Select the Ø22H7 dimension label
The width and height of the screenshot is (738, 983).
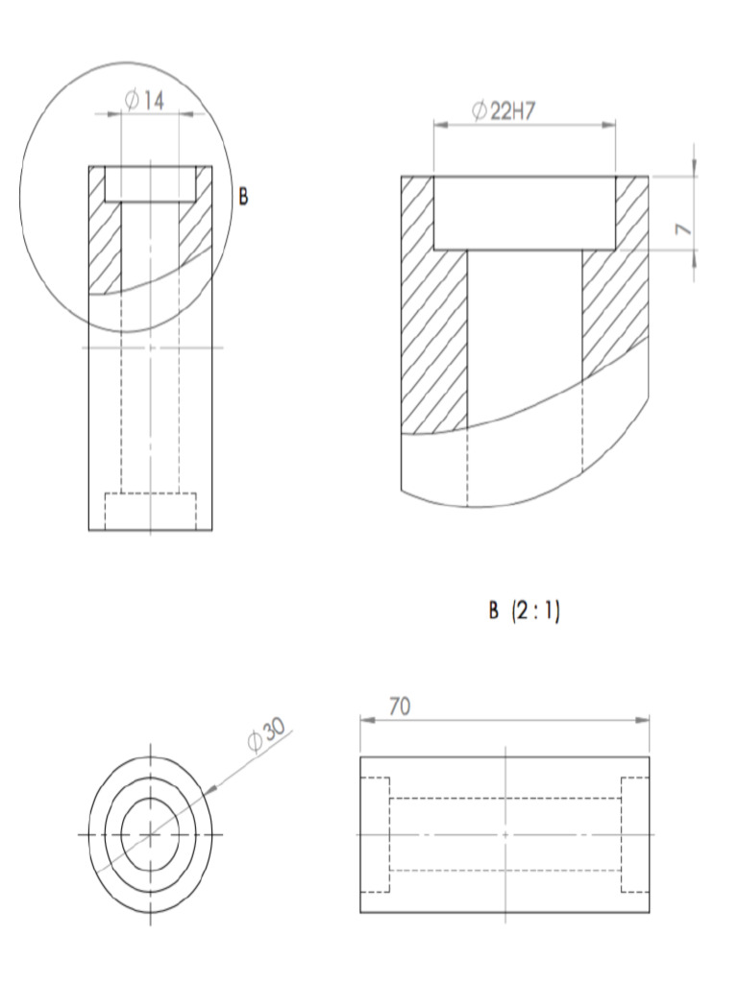(x=503, y=111)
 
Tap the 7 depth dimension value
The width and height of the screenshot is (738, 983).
(x=683, y=228)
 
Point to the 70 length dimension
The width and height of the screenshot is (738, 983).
(x=400, y=707)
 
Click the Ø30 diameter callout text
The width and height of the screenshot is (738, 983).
(x=265, y=734)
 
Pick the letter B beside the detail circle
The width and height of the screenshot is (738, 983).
(x=243, y=197)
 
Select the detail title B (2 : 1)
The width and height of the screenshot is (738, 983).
(x=524, y=611)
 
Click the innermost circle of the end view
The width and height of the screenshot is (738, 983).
(x=151, y=834)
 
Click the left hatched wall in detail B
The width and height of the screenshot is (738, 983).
(x=432, y=307)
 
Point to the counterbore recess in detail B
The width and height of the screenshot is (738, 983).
(x=524, y=213)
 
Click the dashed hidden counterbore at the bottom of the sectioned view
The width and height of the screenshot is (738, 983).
(x=150, y=511)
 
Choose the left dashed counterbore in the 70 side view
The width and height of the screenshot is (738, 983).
(x=375, y=834)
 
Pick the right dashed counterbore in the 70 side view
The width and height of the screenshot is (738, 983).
(x=635, y=834)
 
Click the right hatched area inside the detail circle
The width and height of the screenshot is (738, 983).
(x=194, y=230)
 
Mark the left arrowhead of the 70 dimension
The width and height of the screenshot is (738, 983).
(x=365, y=718)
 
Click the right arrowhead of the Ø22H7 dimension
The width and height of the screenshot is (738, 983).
(x=609, y=123)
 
